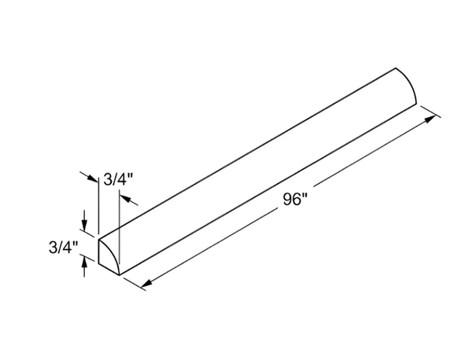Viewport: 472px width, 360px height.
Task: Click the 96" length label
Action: click(295, 200)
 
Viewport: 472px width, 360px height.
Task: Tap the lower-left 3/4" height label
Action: click(63, 248)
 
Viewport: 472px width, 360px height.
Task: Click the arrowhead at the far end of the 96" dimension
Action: click(430, 119)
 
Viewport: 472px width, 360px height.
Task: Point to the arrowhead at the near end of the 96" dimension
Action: click(146, 283)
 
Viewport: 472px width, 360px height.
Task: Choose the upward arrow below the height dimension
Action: click(85, 267)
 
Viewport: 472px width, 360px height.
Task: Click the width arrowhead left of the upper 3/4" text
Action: click(93, 178)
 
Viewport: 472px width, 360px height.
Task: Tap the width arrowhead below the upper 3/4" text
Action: click(125, 199)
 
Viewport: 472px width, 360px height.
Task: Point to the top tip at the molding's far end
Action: click(396, 68)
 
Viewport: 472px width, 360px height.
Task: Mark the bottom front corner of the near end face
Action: click(120, 275)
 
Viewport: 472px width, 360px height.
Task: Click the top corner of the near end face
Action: click(99, 240)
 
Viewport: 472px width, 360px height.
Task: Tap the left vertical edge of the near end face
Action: click(99, 252)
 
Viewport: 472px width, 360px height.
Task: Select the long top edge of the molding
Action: click(247, 154)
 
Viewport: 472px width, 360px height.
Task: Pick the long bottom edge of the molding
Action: click(268, 189)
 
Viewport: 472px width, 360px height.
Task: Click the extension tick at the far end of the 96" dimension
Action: click(431, 112)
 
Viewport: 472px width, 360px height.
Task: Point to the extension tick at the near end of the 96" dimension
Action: click(135, 285)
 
